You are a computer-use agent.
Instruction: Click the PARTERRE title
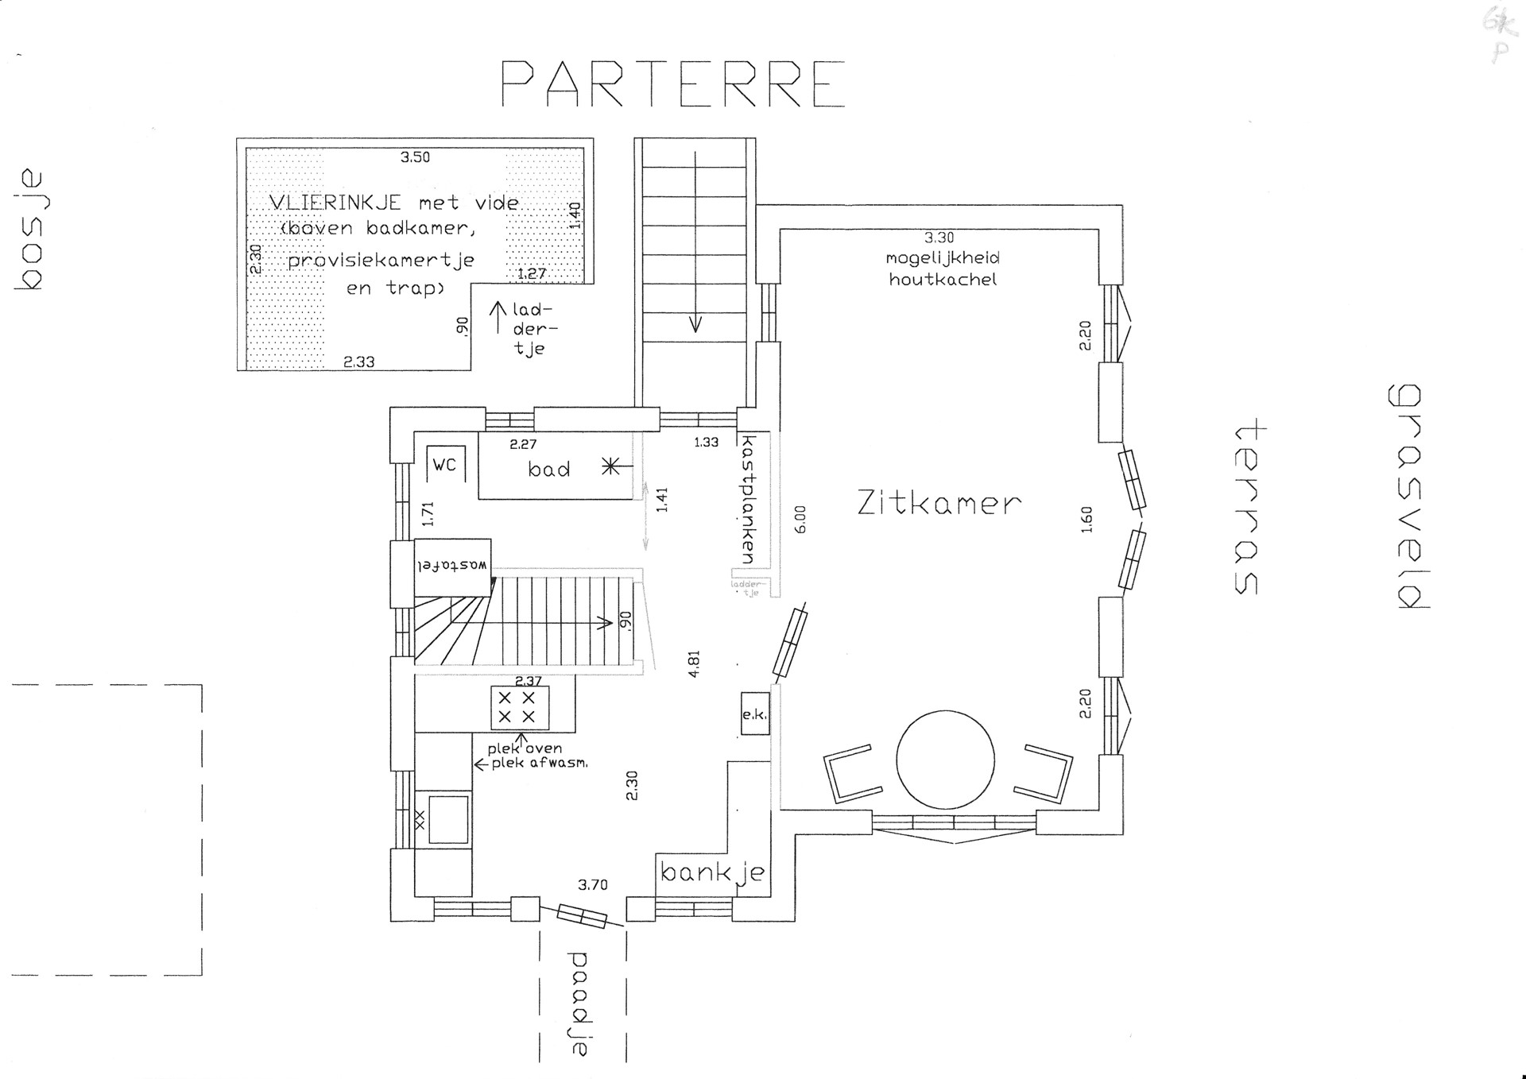(x=672, y=83)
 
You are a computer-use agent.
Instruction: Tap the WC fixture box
(x=445, y=464)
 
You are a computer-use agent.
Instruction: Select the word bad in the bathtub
(x=549, y=469)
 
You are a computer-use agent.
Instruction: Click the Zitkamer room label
(x=939, y=503)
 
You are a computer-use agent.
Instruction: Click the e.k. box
(x=754, y=714)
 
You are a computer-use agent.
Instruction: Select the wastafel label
(x=452, y=565)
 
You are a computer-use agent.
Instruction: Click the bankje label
(x=712, y=873)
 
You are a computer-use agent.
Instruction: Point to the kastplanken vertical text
(x=747, y=499)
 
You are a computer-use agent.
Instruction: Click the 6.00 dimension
(x=800, y=519)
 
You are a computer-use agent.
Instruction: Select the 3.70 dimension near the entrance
(x=593, y=884)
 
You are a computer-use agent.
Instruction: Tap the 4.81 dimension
(x=695, y=663)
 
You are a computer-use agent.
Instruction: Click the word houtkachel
(x=943, y=279)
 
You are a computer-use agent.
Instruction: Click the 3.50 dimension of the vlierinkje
(x=415, y=157)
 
